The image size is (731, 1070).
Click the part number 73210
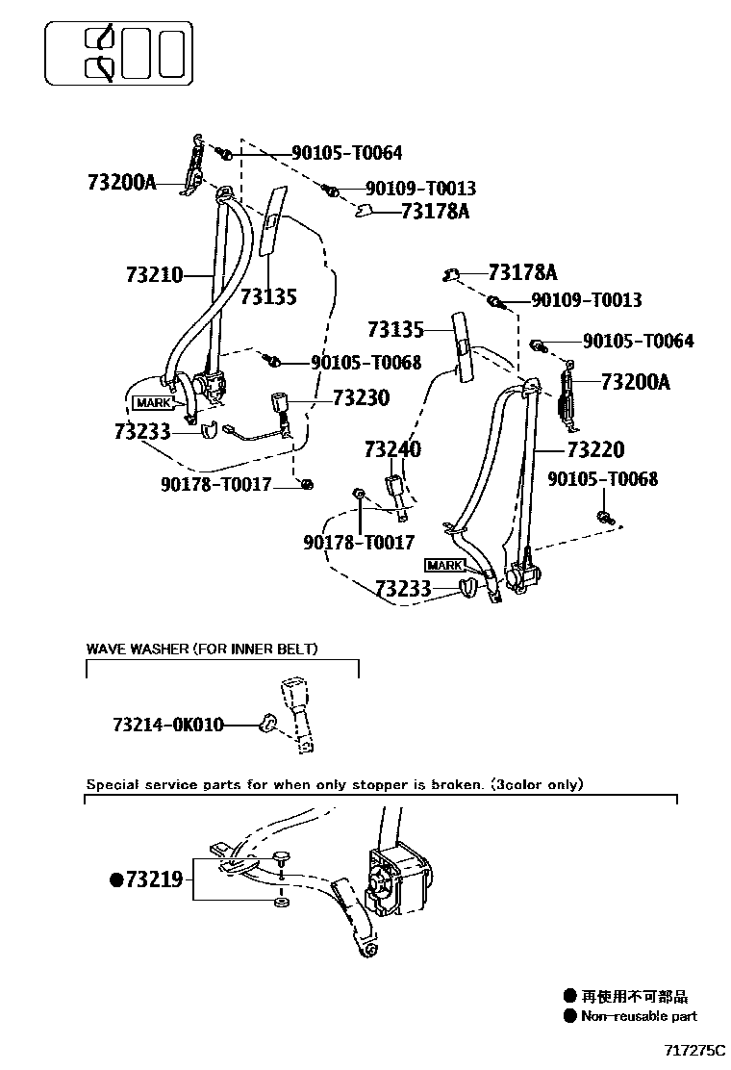click(153, 275)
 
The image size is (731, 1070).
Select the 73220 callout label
click(594, 449)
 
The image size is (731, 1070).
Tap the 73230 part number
click(361, 397)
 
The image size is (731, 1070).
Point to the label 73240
click(392, 449)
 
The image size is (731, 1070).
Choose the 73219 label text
click(154, 879)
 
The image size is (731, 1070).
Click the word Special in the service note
click(113, 784)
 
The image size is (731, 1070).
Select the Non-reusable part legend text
click(639, 1016)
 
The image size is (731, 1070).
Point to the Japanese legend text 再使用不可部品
click(635, 997)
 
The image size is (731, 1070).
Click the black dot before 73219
click(116, 879)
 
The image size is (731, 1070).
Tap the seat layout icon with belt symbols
click(117, 53)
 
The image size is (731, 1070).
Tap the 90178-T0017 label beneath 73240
click(359, 543)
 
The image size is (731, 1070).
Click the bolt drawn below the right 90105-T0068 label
click(605, 519)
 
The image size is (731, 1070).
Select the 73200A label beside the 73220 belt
click(635, 382)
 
